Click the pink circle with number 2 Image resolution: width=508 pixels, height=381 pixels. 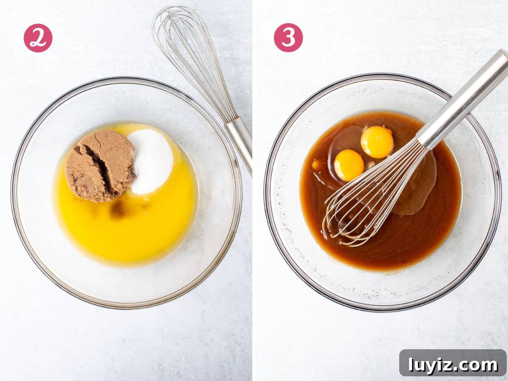[x=38, y=38]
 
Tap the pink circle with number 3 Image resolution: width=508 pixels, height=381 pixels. [x=288, y=38]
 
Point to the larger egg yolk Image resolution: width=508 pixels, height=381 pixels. [x=377, y=142]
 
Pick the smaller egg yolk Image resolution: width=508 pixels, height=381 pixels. [x=349, y=165]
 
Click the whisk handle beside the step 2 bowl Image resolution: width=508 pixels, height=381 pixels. [x=239, y=144]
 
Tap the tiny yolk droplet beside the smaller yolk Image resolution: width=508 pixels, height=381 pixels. [x=315, y=165]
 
